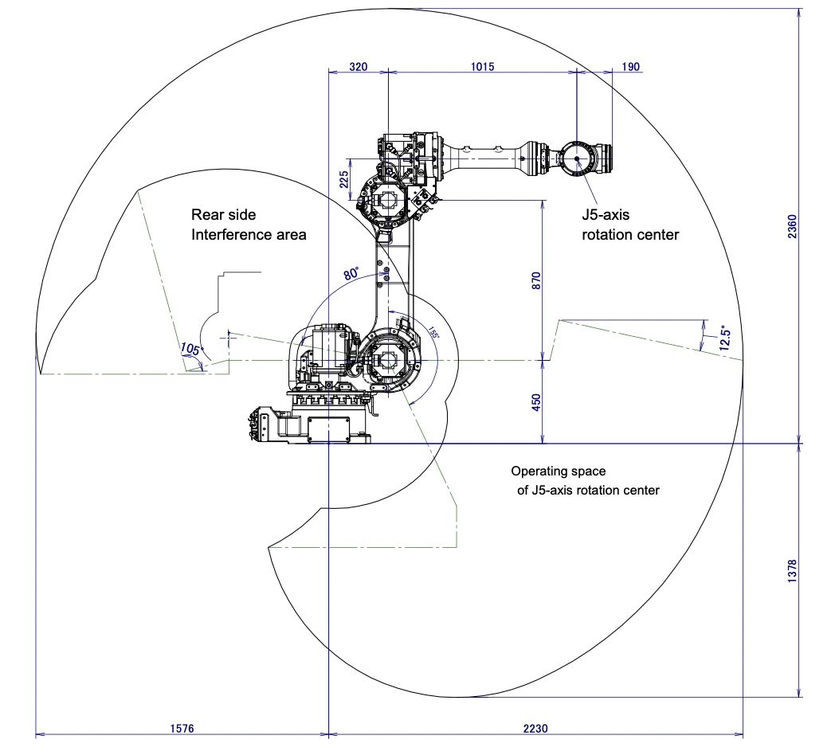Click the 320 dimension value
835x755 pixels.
click(x=359, y=67)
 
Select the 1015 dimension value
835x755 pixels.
click(x=481, y=67)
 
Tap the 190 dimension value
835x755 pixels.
click(x=629, y=67)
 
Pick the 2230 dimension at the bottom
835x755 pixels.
click(x=535, y=728)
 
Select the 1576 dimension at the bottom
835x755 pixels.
click(x=182, y=728)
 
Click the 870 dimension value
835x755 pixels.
click(x=535, y=280)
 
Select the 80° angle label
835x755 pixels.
click(x=351, y=273)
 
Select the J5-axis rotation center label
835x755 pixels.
click(x=629, y=225)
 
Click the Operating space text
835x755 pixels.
click(x=558, y=471)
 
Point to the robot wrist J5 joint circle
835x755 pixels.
click(x=576, y=158)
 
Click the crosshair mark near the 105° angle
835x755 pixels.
click(x=229, y=338)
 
